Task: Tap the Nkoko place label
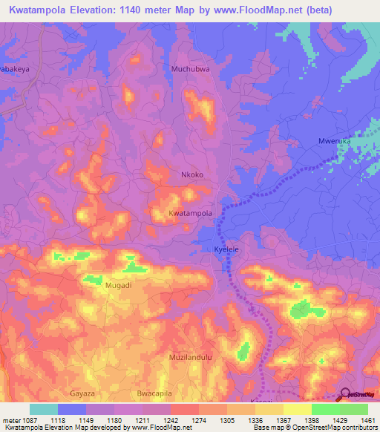coord(192,175)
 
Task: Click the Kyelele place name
coord(226,250)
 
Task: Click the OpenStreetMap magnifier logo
coord(345,394)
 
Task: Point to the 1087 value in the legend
coord(29,420)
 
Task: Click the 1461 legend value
coord(367,420)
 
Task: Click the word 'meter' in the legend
coord(10,420)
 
